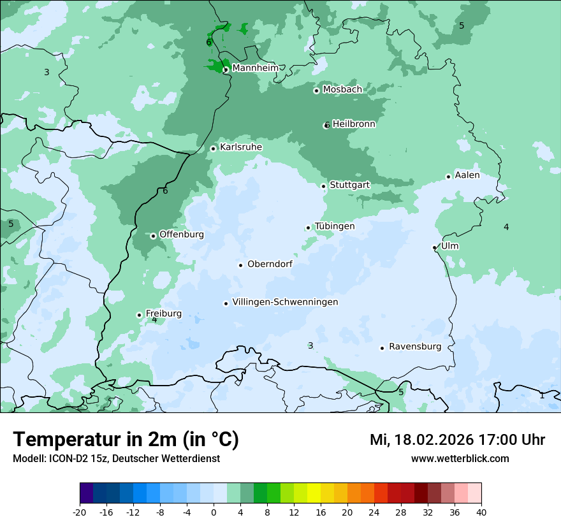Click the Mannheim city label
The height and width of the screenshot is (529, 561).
click(x=255, y=68)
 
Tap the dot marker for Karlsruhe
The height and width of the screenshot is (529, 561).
click(x=214, y=149)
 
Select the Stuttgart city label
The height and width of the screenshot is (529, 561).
click(x=349, y=185)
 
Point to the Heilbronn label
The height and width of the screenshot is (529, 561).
click(x=354, y=124)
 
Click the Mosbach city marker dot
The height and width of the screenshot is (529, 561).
click(x=316, y=91)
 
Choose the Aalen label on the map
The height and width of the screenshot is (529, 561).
click(x=467, y=175)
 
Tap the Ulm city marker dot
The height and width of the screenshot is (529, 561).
click(x=434, y=247)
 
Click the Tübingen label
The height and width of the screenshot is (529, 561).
click(x=335, y=226)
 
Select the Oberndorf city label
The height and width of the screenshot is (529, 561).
click(x=270, y=264)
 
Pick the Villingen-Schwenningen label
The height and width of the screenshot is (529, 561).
click(x=285, y=302)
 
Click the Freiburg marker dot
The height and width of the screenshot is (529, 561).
click(x=139, y=315)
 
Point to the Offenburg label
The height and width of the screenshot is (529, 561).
click(x=182, y=234)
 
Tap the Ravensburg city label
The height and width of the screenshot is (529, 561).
click(x=415, y=347)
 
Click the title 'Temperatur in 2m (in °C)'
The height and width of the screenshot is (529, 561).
click(x=126, y=439)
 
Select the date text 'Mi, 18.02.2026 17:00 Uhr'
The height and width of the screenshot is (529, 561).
click(x=457, y=440)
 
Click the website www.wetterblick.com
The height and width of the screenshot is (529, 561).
click(x=460, y=458)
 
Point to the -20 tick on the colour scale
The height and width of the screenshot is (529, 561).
click(x=80, y=512)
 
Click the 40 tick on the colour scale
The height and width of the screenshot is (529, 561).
click(x=481, y=512)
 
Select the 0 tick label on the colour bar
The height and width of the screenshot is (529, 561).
click(x=214, y=512)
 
